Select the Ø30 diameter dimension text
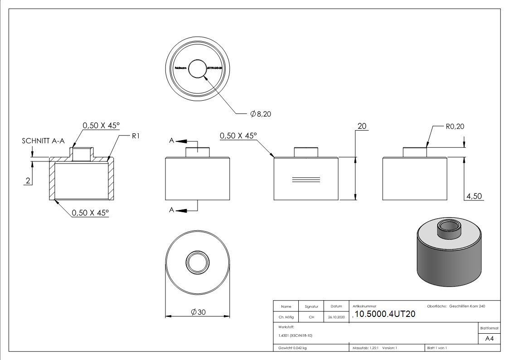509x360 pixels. point(198,312)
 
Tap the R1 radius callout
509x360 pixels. point(135,136)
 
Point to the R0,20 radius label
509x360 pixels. point(455,126)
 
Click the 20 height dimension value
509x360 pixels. point(362,126)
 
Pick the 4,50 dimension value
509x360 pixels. point(474,196)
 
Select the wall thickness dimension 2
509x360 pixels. point(28,181)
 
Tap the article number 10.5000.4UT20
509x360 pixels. point(385,315)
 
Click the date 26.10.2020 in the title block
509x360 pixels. point(336,317)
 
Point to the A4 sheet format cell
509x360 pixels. point(490,339)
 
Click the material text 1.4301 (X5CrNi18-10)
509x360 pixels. point(296,336)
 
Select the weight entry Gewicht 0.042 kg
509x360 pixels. point(293,348)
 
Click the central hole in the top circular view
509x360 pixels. point(198,69)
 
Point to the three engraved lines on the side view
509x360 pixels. point(305,180)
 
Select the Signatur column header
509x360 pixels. point(311,306)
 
